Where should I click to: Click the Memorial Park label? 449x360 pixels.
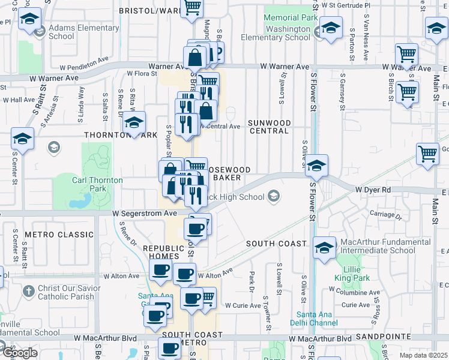(291, 18)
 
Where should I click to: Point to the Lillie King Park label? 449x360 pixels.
(352, 274)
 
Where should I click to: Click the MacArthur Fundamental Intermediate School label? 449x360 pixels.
(378, 246)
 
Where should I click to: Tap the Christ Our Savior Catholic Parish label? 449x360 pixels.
(65, 292)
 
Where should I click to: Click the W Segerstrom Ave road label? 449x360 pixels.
(145, 213)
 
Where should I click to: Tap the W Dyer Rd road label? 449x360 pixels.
(373, 189)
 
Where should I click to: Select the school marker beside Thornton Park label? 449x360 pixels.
(134, 123)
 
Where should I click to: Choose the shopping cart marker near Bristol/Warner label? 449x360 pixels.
(193, 8)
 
